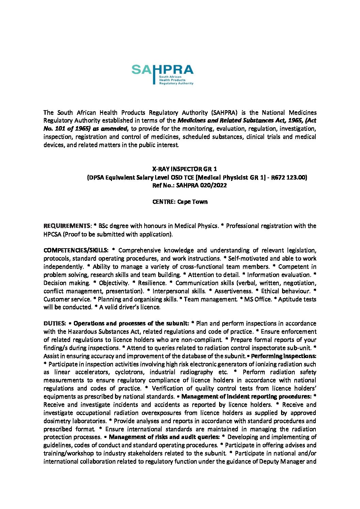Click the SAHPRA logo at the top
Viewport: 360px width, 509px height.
(162, 74)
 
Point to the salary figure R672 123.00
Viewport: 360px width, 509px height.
(289, 177)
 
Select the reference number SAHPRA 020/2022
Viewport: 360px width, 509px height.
(201, 185)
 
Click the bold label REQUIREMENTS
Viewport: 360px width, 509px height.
(67, 226)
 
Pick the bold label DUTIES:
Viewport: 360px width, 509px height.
(54, 323)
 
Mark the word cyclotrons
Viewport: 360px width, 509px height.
(129, 372)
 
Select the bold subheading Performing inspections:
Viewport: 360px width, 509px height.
(283, 356)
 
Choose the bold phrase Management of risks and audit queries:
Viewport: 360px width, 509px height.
(164, 437)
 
